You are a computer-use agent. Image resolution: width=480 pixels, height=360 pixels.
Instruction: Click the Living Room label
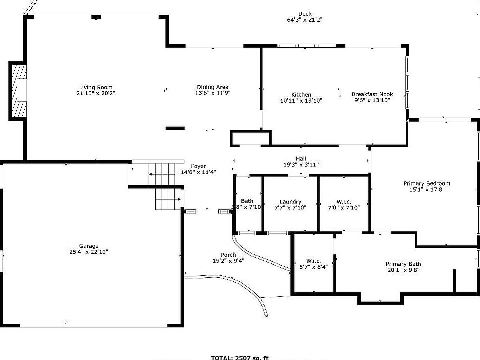pos(95,87)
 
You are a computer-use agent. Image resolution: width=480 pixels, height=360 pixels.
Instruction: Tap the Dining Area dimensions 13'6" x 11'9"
pos(213,93)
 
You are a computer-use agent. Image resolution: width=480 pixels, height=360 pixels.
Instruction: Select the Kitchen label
pos(301,95)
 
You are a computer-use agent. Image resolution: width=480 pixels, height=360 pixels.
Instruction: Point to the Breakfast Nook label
pos(372,94)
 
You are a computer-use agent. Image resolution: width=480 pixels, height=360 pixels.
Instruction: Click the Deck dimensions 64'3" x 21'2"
pos(304,20)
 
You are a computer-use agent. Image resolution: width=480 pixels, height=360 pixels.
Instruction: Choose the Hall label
pos(301,159)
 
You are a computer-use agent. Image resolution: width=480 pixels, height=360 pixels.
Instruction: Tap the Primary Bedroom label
pos(427,183)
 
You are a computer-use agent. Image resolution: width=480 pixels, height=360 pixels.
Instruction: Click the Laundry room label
pos(290,202)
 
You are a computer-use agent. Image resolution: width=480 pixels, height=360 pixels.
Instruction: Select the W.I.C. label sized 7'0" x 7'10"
pos(344,202)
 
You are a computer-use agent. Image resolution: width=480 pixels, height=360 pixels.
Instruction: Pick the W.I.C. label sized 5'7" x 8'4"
pos(313,261)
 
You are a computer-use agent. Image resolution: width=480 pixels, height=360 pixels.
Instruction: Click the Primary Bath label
pos(403,264)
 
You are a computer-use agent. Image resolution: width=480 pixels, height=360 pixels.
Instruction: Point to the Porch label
pos(228,255)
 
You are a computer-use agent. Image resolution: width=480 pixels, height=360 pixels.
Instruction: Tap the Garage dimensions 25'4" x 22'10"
pos(89,252)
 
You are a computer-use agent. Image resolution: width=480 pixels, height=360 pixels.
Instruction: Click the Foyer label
pos(198,166)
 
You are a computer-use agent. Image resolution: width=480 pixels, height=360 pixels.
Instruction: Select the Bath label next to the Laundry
pos(247,201)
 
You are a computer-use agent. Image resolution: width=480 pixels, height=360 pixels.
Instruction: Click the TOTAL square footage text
pos(240,357)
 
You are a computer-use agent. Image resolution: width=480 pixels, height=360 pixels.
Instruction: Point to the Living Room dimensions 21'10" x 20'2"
pos(95,93)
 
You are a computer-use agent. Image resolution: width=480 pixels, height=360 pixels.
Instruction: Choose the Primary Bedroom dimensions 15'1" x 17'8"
pos(427,189)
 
